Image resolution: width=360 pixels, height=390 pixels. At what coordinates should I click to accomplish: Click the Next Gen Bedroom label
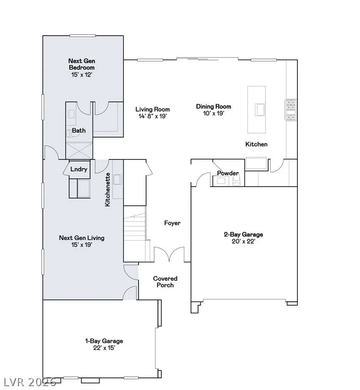(82, 64)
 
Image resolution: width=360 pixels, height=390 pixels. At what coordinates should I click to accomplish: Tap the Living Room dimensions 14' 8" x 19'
(153, 116)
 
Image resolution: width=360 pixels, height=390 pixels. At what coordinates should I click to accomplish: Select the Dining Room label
(214, 107)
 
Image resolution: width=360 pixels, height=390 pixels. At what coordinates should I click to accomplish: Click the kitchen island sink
(260, 110)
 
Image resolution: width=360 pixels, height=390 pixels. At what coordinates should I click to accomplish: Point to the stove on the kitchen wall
(291, 110)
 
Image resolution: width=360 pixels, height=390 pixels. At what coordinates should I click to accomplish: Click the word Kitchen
(256, 144)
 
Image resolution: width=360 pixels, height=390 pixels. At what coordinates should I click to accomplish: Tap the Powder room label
(228, 173)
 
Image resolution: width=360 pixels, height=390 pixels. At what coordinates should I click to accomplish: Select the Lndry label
(79, 169)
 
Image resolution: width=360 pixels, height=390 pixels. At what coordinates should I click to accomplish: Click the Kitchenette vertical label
(108, 190)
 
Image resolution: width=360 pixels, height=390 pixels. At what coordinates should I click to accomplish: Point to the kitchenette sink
(117, 179)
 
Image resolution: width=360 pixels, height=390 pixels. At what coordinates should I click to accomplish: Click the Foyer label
(172, 223)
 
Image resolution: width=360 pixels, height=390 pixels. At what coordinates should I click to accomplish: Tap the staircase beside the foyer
(134, 233)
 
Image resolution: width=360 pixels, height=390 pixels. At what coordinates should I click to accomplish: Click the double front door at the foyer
(169, 254)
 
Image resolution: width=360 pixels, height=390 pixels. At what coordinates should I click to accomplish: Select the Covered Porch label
(165, 282)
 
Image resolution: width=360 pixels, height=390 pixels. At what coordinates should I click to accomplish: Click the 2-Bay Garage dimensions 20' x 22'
(243, 241)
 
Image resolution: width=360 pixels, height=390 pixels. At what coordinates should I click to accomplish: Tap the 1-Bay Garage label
(104, 341)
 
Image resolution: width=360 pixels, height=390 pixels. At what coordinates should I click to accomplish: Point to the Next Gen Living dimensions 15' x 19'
(82, 245)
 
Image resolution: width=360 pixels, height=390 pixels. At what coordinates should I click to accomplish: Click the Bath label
(79, 130)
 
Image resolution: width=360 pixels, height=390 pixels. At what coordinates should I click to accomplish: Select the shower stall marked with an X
(79, 150)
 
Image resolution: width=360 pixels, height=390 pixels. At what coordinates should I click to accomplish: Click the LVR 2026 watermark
(29, 382)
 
